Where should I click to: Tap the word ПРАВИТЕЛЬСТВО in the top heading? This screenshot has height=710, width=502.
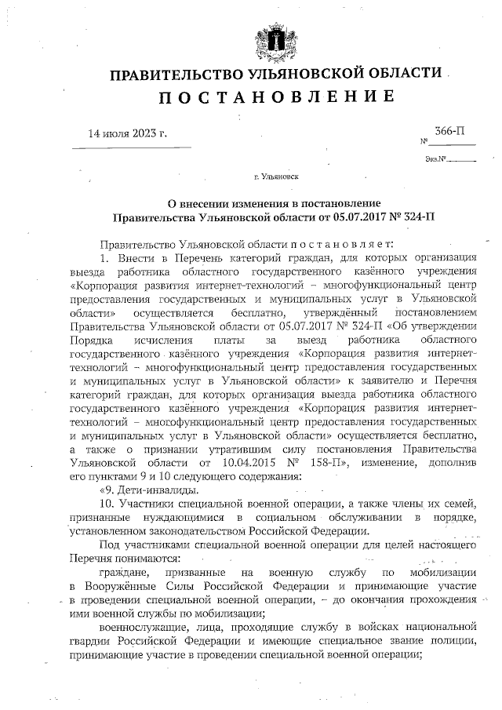tap(162, 75)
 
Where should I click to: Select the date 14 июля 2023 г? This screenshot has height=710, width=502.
tap(129, 133)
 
